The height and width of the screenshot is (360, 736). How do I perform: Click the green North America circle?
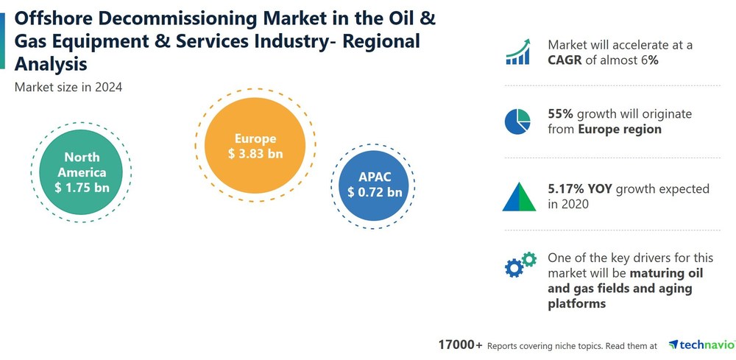click(80, 172)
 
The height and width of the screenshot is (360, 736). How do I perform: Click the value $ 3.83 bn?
click(255, 154)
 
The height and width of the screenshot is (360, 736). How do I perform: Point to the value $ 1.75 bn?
click(82, 188)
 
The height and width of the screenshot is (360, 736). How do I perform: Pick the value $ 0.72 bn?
click(375, 192)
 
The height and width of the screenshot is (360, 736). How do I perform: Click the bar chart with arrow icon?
click(519, 52)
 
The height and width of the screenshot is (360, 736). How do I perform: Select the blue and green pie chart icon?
click(518, 121)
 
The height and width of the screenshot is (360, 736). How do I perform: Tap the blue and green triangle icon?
click(519, 196)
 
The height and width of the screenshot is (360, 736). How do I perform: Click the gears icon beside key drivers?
click(520, 264)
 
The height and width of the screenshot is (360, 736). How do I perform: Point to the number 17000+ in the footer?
click(461, 345)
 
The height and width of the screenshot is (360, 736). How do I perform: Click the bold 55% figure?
click(561, 114)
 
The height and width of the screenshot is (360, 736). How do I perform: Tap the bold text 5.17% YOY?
click(580, 189)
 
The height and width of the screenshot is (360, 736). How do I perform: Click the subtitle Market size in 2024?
click(68, 87)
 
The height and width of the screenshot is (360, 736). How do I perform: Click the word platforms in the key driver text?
click(576, 303)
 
